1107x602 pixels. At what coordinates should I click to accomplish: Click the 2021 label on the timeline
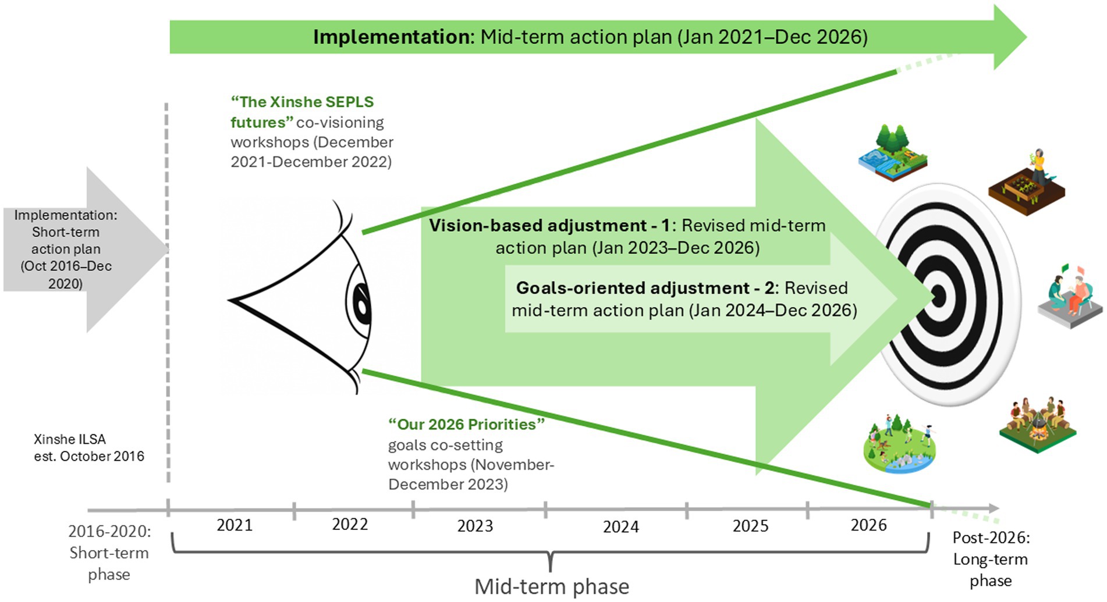point(235,525)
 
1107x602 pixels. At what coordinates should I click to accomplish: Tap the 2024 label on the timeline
point(620,527)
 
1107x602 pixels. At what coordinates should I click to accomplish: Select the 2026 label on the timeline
point(868,525)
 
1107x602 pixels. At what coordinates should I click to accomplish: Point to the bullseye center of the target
point(938,297)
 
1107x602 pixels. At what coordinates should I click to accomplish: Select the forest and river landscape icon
point(893,153)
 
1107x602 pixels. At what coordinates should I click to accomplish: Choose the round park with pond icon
point(899,445)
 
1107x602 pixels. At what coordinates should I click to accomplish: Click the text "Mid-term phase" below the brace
point(551,587)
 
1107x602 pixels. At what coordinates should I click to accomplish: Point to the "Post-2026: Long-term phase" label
point(990,559)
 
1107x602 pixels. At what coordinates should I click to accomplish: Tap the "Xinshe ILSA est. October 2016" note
point(88,448)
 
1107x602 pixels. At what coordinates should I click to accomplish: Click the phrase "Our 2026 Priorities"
point(466,425)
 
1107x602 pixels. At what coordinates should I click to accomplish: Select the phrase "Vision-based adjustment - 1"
point(549,226)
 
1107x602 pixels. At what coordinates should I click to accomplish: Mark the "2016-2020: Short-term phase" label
point(109,553)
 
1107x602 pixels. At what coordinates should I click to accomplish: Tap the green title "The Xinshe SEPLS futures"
point(301,112)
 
